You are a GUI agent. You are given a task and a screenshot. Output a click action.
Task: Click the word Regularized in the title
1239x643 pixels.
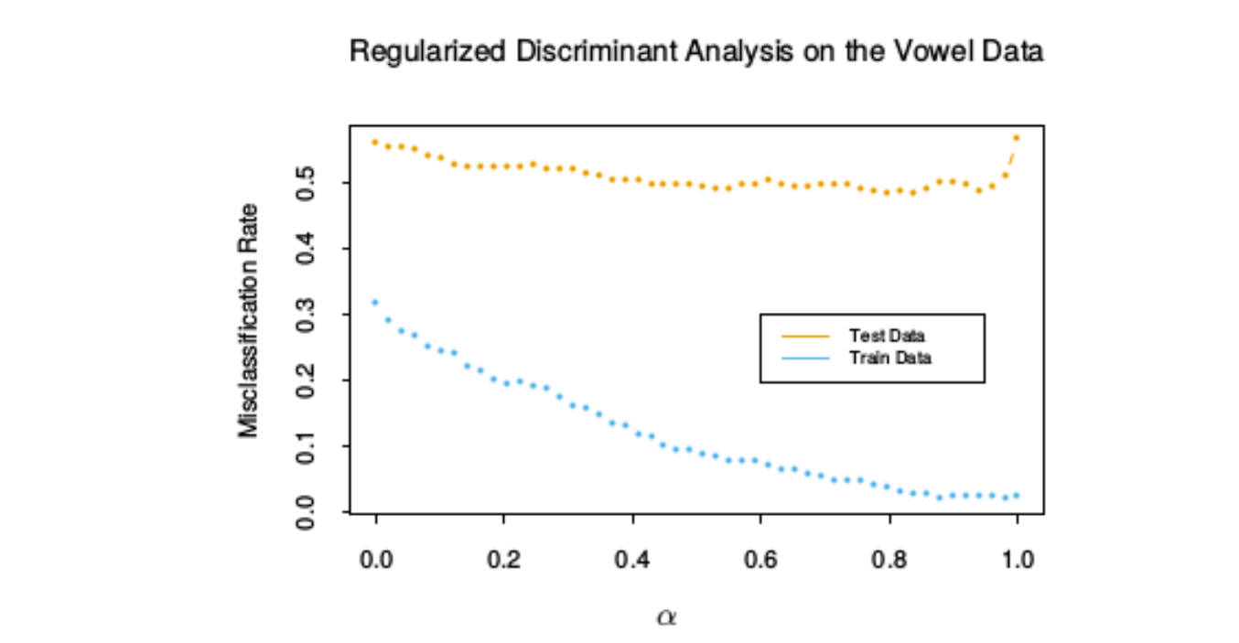coord(427,52)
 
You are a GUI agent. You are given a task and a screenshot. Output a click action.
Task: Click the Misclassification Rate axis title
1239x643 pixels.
coord(248,321)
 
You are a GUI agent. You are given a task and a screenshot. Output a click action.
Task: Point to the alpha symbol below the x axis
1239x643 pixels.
coord(666,616)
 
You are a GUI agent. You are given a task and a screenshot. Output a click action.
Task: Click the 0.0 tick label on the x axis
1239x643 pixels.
coord(376,560)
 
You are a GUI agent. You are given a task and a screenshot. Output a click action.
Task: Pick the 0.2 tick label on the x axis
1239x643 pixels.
coord(503,560)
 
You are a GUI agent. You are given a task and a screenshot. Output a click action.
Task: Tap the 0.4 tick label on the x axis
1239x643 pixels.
coord(631,560)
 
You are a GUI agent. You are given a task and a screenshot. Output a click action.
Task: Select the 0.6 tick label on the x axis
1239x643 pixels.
coord(760,560)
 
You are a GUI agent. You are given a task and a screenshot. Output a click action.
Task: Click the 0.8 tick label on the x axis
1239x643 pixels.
coord(889,560)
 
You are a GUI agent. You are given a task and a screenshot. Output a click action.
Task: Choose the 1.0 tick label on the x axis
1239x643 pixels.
coord(1018,560)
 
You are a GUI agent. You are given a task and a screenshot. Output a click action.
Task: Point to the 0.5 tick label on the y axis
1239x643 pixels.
coord(306,183)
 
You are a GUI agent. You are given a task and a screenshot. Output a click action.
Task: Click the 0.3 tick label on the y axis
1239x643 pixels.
coord(306,315)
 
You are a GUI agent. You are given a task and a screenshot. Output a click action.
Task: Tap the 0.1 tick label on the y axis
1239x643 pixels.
coord(306,446)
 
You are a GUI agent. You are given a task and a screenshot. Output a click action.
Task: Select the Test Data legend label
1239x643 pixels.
coord(888,336)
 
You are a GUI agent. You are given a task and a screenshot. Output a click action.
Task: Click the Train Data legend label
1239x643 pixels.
coord(890,358)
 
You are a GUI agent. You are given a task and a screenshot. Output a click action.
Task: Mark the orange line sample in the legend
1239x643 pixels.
coord(805,337)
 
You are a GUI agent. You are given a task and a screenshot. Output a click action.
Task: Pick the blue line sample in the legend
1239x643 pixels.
coord(805,359)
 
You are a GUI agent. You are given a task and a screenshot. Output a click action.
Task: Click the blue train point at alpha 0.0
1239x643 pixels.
coord(375,303)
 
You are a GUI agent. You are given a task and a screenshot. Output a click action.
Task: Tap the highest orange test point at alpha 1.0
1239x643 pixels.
coord(1016,138)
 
